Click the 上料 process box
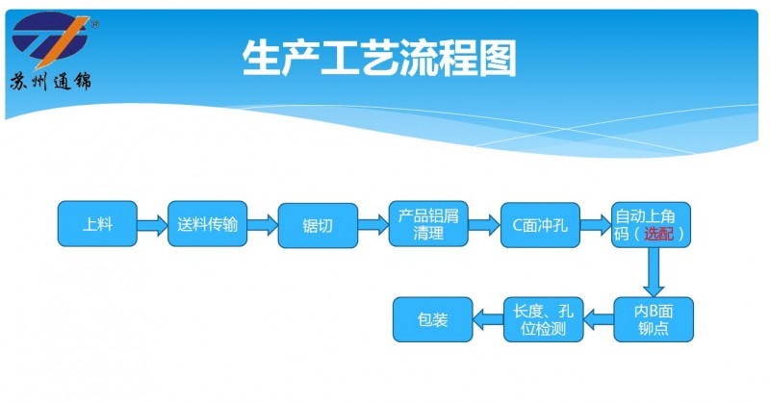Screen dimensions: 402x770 (x=97, y=225)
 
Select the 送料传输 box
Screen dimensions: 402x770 (x=208, y=225)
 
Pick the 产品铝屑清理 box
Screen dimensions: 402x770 (x=428, y=225)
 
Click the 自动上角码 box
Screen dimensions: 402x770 (x=651, y=225)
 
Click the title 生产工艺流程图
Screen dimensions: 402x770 (x=378, y=59)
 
